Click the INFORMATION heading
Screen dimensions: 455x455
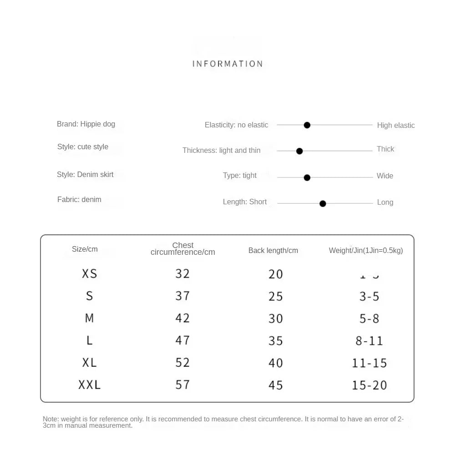(x=227, y=64)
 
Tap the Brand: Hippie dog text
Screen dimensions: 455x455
(x=86, y=124)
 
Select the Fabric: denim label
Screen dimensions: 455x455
(x=79, y=199)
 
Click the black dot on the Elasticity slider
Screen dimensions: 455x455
(x=307, y=125)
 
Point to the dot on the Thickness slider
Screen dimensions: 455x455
(x=299, y=151)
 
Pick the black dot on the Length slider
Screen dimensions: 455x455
(x=323, y=204)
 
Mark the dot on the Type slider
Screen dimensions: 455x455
(x=307, y=177)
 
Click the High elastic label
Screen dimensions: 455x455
(x=396, y=126)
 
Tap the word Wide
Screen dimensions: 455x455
(x=385, y=176)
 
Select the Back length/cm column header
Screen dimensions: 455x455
(x=273, y=250)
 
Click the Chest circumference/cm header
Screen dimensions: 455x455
(x=183, y=248)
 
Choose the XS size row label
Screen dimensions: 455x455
(x=90, y=274)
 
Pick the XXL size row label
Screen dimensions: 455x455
(x=90, y=385)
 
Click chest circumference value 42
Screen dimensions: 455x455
(x=182, y=318)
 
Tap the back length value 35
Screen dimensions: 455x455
(x=276, y=341)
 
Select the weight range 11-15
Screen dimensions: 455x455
(x=369, y=363)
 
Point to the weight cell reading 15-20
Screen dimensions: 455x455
(x=369, y=385)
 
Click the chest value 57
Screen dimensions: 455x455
(x=182, y=385)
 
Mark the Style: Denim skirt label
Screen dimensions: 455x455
(x=85, y=174)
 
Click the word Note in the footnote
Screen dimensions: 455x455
(x=50, y=419)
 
